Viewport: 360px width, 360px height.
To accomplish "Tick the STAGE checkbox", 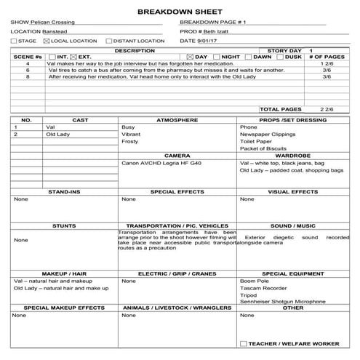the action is point(14,41).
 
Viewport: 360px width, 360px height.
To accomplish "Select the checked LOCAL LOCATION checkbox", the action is point(47,41).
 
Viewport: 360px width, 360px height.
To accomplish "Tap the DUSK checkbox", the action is point(281,57).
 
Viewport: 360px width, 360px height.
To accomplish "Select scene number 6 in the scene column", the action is point(28,70).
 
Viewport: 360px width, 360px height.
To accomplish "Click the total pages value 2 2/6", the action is point(327,109).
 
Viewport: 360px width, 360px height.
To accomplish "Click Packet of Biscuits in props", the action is point(263,148).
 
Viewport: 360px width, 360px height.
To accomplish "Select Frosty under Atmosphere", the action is point(129,141).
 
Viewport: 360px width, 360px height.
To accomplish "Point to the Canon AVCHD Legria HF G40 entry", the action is point(161,163).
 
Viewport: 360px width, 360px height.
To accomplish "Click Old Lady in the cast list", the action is point(57,134).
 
